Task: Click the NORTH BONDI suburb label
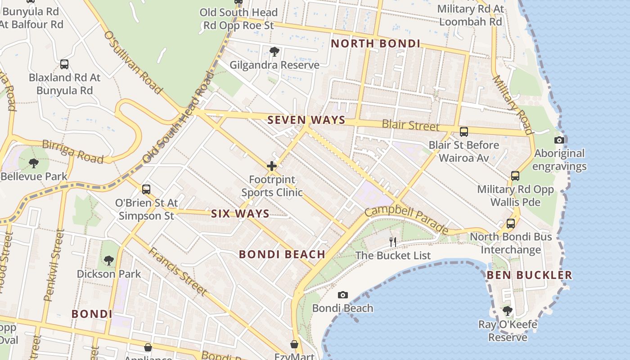click(x=375, y=44)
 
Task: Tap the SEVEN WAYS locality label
click(x=306, y=120)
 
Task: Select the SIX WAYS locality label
click(x=240, y=214)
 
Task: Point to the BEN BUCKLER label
click(x=529, y=275)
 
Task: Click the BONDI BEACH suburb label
click(x=282, y=254)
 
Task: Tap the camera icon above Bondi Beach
click(x=343, y=295)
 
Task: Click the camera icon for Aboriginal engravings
click(x=559, y=140)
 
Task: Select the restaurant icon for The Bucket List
click(x=393, y=242)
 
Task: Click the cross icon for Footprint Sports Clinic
click(x=272, y=166)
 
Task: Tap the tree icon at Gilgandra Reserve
click(x=274, y=52)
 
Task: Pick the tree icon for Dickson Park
click(x=108, y=260)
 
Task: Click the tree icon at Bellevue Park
click(x=33, y=163)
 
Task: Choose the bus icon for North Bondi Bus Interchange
click(x=510, y=223)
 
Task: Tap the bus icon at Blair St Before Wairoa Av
click(x=463, y=132)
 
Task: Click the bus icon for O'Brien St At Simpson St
click(x=146, y=189)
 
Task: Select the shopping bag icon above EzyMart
click(x=294, y=344)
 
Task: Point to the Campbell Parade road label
click(x=406, y=219)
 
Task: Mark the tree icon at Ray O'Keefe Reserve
click(x=508, y=310)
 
